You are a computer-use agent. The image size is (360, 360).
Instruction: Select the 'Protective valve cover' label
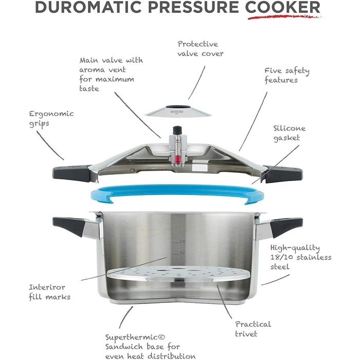tap(200, 49)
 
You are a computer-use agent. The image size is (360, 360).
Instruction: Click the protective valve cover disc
tap(178, 111)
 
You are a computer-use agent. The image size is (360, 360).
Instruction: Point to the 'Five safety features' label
tap(287, 76)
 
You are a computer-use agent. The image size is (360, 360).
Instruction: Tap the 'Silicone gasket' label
tap(289, 133)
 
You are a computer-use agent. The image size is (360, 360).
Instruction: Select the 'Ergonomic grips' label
tap(51, 119)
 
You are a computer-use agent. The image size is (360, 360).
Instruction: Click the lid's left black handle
tap(72, 173)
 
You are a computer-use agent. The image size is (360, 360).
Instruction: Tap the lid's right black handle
tap(283, 174)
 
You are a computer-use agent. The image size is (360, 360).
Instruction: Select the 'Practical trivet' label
tap(253, 329)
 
